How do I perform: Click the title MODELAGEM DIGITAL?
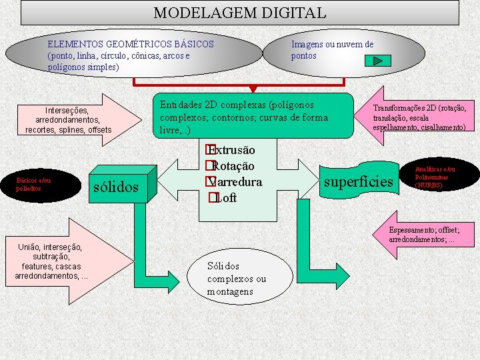coord(240,13)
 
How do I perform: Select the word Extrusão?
coord(233,150)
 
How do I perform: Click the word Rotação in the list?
coord(233,166)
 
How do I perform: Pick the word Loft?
coord(227,198)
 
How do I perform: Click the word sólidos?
coord(116,187)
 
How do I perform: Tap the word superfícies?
coord(359,181)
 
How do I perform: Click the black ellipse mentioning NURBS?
coord(439,177)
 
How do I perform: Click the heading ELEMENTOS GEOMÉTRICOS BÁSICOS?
coord(131,44)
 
